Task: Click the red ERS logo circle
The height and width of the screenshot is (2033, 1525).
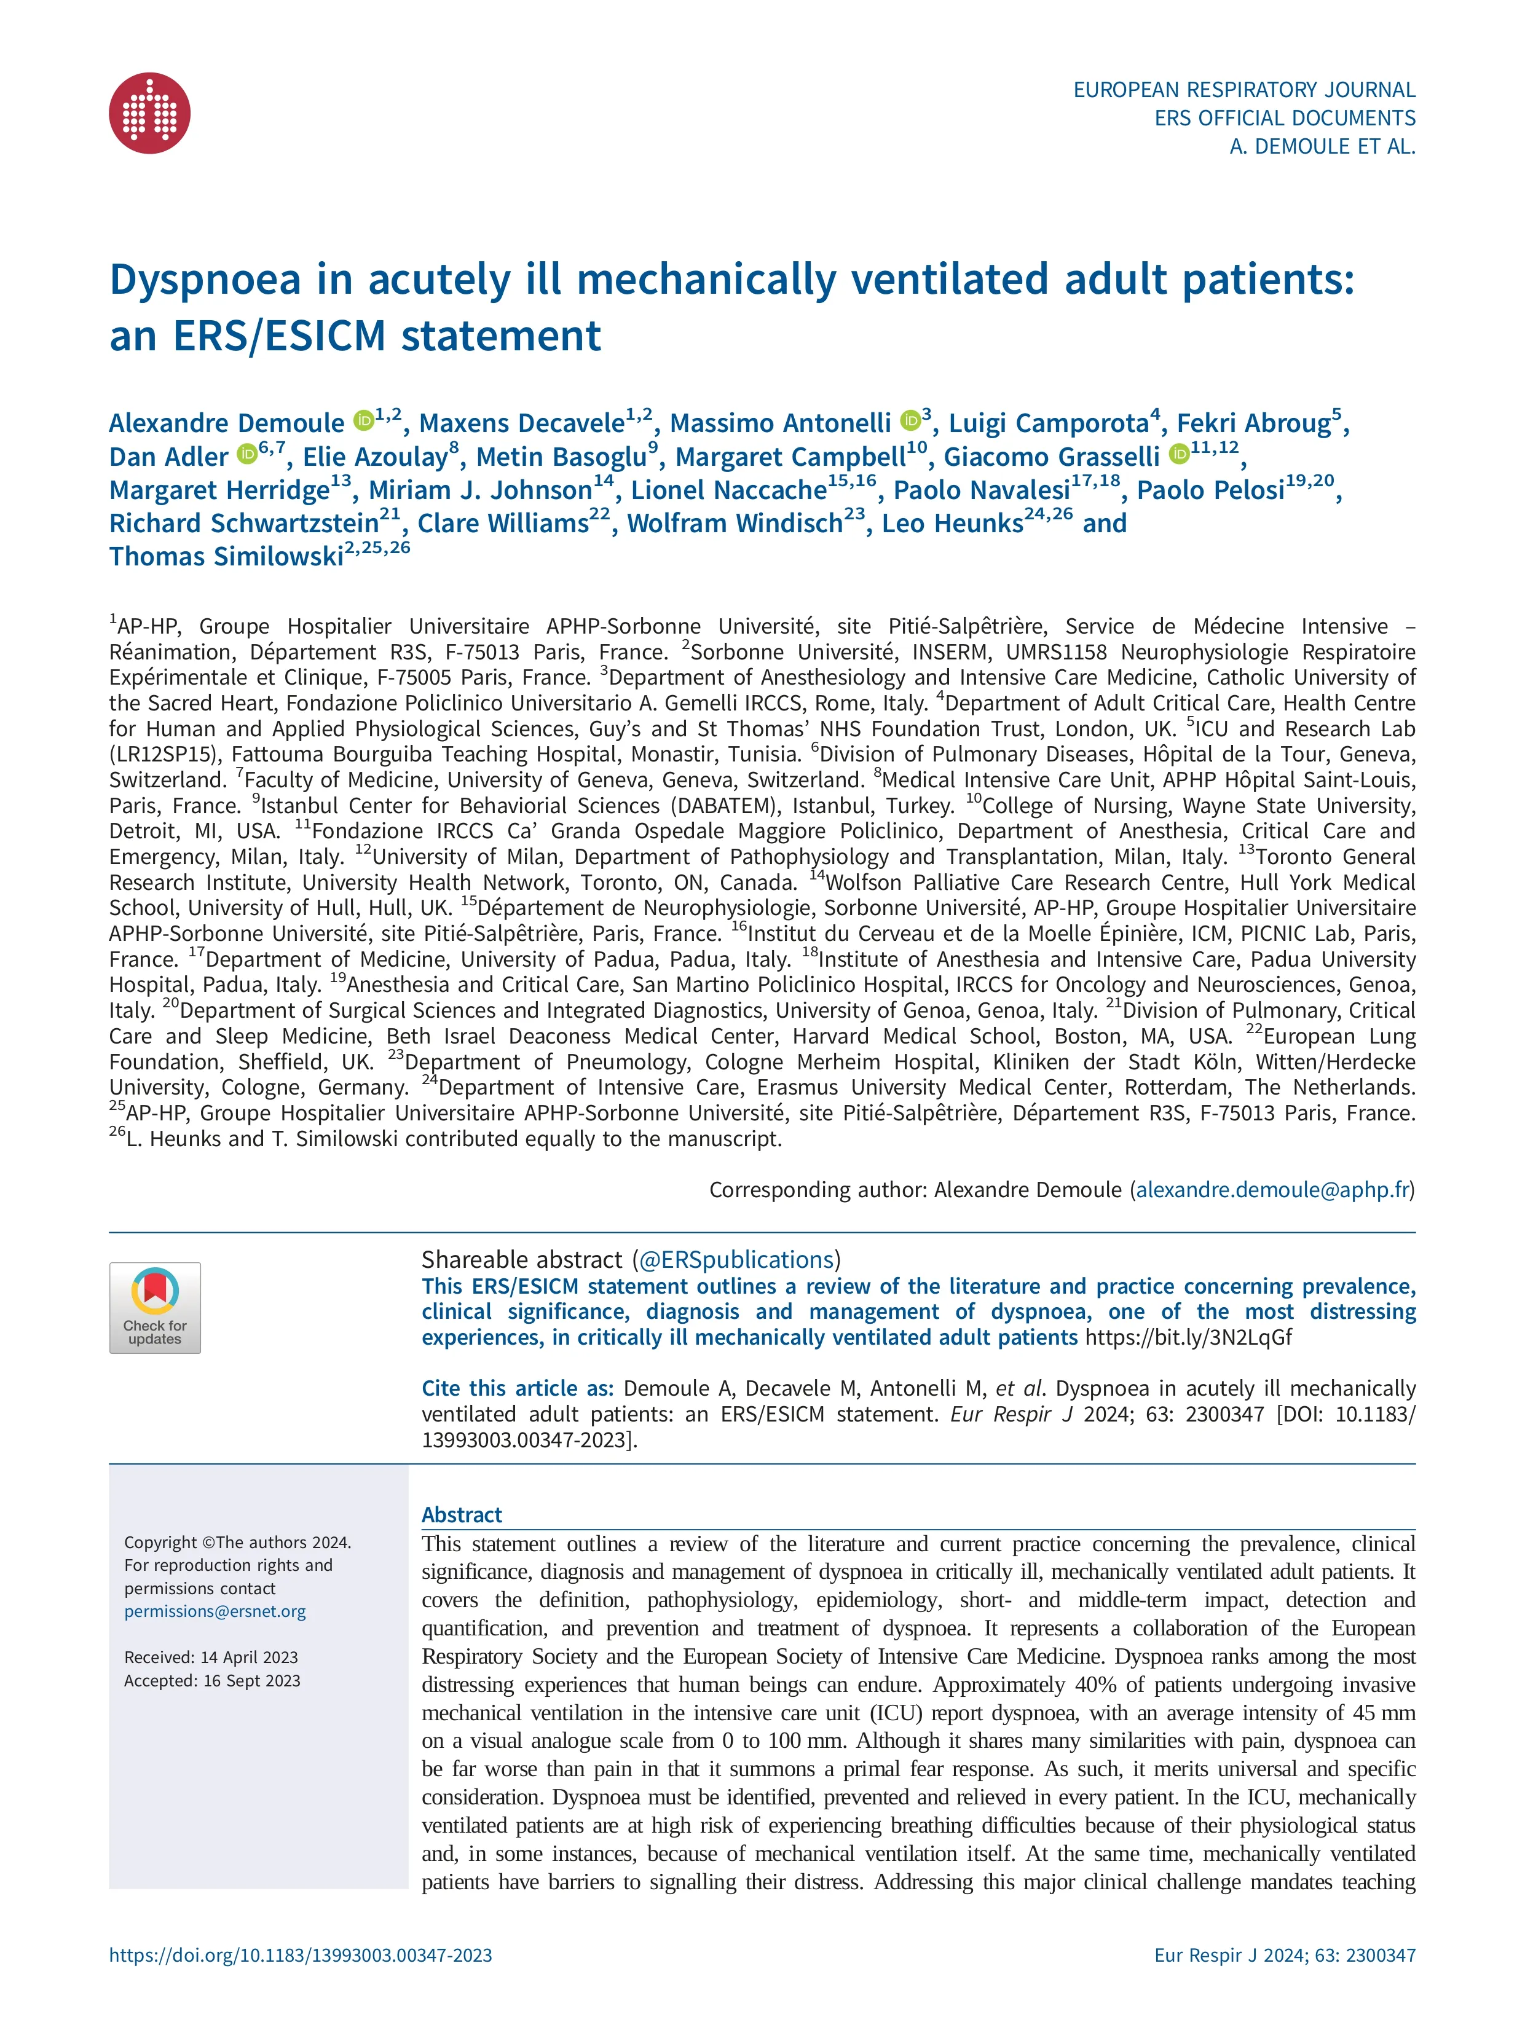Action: pos(150,113)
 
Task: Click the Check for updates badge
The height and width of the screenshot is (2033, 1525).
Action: pos(154,1307)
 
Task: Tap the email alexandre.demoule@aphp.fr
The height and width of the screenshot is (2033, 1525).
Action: pos(1272,1189)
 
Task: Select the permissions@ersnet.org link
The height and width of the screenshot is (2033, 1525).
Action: pos(215,1611)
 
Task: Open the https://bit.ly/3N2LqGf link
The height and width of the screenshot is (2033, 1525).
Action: pos(1189,1337)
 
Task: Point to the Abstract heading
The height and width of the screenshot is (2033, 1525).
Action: pos(462,1515)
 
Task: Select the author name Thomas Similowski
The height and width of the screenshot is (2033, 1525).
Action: pos(226,557)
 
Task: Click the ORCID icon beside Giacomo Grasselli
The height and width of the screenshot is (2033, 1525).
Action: pos(1180,455)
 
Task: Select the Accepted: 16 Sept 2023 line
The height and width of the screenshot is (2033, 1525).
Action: pos(212,1680)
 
